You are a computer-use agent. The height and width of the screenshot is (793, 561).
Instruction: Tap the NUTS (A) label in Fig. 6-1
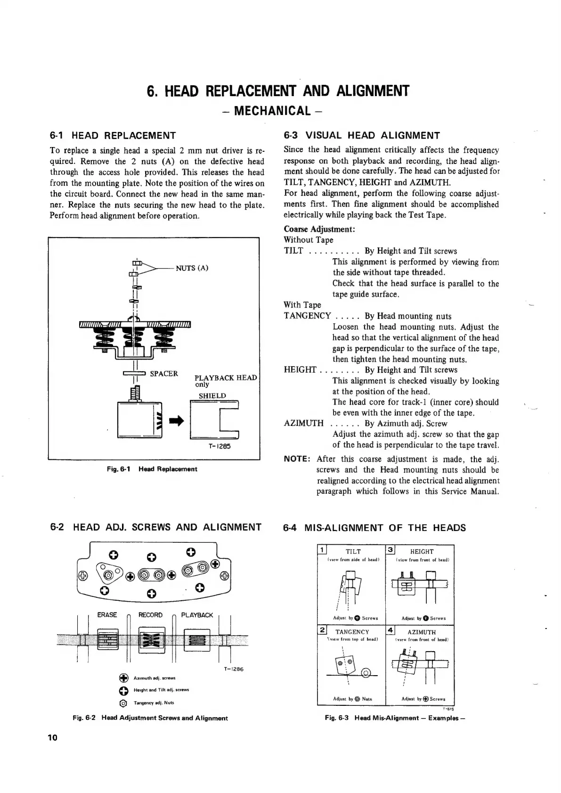[x=192, y=268]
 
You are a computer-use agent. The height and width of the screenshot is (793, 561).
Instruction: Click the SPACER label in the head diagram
[x=164, y=374]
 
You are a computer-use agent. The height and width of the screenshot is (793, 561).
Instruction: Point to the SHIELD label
[x=212, y=396]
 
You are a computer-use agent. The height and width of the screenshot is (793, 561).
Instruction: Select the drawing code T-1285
[x=219, y=446]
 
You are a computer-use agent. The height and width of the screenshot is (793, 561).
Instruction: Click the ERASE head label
[x=107, y=615]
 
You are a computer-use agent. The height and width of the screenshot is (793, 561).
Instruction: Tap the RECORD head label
[x=150, y=615]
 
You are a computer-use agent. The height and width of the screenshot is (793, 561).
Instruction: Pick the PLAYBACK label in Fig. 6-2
[x=197, y=615]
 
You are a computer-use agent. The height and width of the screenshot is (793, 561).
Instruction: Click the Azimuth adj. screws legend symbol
[x=123, y=679]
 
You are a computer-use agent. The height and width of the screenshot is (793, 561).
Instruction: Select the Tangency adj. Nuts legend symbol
[x=123, y=703]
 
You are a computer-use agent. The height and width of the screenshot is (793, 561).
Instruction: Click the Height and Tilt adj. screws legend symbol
[x=123, y=691]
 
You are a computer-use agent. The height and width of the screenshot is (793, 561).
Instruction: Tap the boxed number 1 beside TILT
[x=323, y=550]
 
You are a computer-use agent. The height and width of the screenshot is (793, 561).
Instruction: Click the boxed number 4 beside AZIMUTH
[x=390, y=630]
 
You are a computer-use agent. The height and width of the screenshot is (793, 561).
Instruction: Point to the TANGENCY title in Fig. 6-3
[x=352, y=632]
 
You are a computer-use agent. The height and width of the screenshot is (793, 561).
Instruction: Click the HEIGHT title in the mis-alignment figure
[x=422, y=551]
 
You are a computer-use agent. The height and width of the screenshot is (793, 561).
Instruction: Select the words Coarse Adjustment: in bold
[x=319, y=229]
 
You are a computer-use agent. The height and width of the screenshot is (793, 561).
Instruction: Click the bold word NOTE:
[x=297, y=459]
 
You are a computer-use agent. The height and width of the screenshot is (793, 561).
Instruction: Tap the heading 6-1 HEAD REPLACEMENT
[x=113, y=136]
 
